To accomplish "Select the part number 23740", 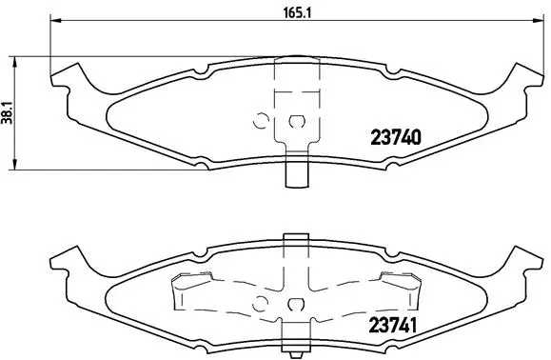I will coord(394,137).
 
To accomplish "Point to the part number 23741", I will coord(394,325).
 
